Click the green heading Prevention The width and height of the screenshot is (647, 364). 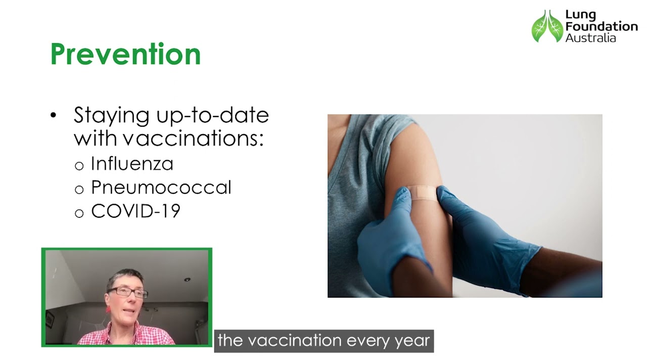coord(125,54)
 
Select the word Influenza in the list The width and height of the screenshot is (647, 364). coord(132,163)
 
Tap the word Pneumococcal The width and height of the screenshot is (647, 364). coord(161,188)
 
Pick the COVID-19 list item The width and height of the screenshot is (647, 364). coord(135,211)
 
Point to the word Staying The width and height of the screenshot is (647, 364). coord(112,116)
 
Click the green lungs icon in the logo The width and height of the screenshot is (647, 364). coord(547,26)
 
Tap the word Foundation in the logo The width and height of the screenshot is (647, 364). coord(602,26)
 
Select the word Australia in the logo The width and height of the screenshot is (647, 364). coord(590,38)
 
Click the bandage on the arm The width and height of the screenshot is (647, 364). coord(424,192)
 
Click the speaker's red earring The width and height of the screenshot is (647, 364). coord(108,309)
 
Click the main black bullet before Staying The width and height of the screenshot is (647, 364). coord(54,116)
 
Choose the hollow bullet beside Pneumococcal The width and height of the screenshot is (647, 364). coord(79,190)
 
